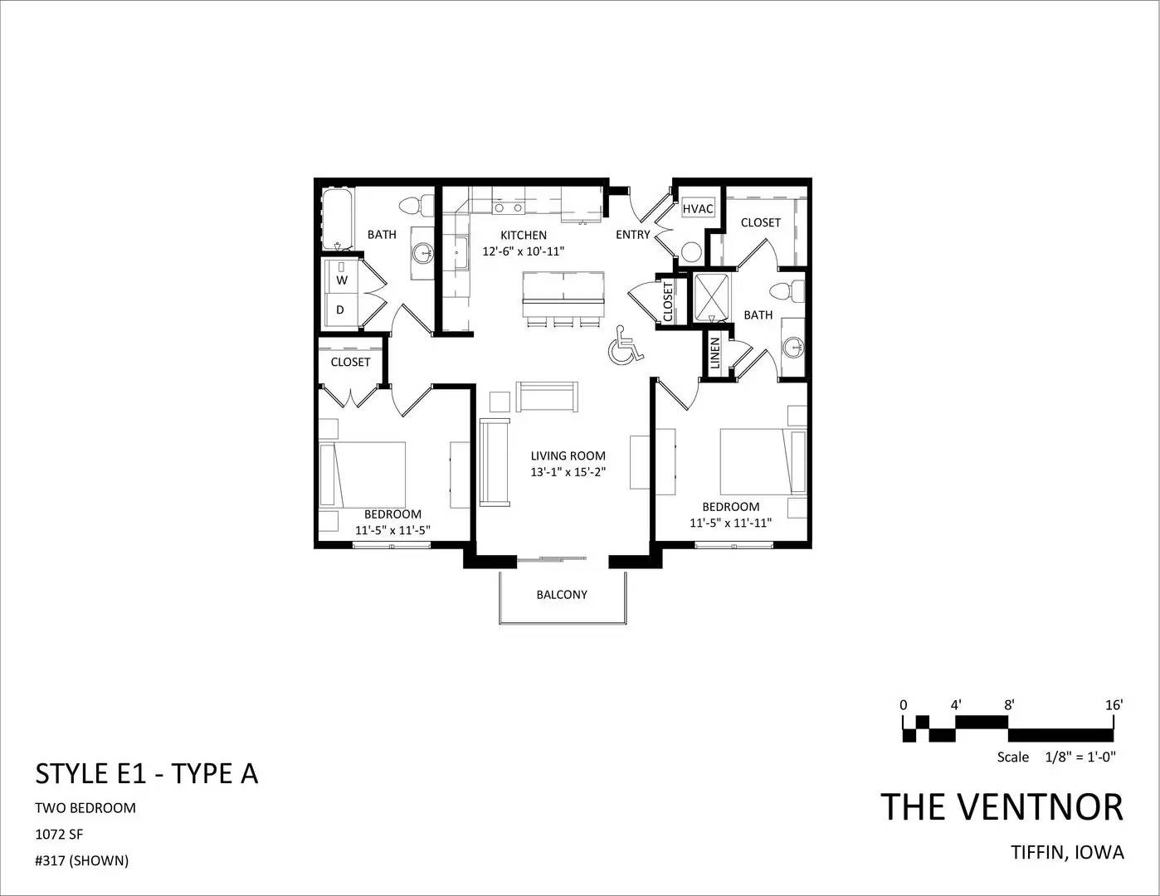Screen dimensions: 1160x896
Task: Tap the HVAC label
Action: coord(698,209)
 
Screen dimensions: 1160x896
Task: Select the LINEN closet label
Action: coord(714,353)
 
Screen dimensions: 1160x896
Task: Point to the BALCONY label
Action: coord(562,595)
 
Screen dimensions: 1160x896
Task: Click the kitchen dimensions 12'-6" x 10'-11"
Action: coord(523,251)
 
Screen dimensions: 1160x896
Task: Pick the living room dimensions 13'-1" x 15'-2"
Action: coord(568,472)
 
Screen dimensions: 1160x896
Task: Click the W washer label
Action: coord(342,280)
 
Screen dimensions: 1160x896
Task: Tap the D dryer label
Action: coord(340,309)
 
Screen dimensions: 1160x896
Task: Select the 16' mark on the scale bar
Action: coord(1114,705)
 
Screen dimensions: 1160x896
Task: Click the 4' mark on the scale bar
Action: coord(956,705)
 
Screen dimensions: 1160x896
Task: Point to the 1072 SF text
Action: coord(59,834)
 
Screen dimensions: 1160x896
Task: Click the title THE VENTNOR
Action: coord(1002,807)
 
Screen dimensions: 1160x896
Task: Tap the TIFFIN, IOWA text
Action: coord(1068,853)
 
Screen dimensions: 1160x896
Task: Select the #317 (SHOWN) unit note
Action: coord(81,861)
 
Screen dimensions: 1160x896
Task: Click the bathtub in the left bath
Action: coord(338,219)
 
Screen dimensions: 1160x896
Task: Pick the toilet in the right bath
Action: coord(787,291)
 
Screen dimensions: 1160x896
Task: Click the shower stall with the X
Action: coord(711,297)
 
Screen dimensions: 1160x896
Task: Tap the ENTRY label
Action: coord(632,235)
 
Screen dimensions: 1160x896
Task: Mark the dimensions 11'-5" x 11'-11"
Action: coord(731,523)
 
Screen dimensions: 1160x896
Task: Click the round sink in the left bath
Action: coord(425,252)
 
